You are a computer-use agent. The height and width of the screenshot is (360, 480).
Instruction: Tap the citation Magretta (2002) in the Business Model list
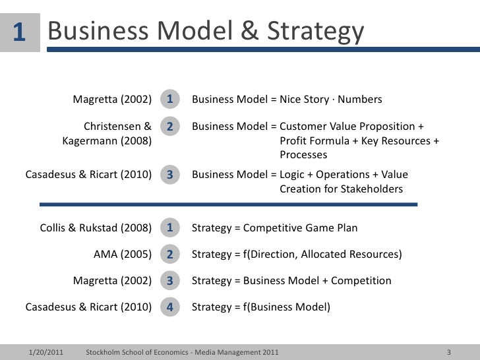coord(112,100)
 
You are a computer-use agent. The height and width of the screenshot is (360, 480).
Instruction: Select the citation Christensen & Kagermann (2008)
coord(107,133)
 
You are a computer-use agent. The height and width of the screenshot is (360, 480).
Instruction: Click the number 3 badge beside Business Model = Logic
coord(169,175)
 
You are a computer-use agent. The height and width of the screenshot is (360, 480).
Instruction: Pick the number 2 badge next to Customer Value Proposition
coord(169,126)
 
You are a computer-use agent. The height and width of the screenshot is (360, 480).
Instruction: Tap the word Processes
coord(303,155)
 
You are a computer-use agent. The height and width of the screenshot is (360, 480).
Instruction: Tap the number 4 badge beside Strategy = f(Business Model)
coord(169,307)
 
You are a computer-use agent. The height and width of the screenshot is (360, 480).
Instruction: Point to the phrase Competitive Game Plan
coord(301,229)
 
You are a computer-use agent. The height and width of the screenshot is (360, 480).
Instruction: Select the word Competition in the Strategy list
coord(361,281)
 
